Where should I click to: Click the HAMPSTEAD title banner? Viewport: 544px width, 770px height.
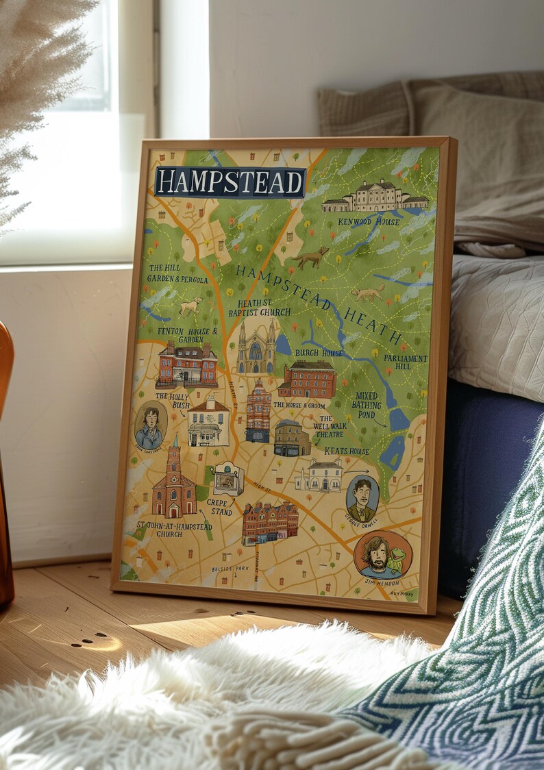230,182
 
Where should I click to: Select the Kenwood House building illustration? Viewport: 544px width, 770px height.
375,197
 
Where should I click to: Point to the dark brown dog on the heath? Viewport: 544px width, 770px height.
312,258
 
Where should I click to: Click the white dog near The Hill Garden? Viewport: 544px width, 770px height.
190,306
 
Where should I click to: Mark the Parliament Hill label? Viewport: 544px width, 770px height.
405,362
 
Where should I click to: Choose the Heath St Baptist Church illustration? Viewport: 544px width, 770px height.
256,347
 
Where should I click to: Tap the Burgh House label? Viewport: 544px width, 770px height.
319,353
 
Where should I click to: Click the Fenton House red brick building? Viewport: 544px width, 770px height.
186,364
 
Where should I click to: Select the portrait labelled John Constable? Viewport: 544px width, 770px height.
150,425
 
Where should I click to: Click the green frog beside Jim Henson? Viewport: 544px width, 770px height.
397,559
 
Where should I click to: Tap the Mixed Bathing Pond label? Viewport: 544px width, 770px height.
367,405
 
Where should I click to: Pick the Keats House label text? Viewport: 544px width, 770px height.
346,451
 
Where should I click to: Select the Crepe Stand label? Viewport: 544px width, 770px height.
219,508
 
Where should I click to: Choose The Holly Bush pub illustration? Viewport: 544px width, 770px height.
208,423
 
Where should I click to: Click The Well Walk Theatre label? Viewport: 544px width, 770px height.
330,426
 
